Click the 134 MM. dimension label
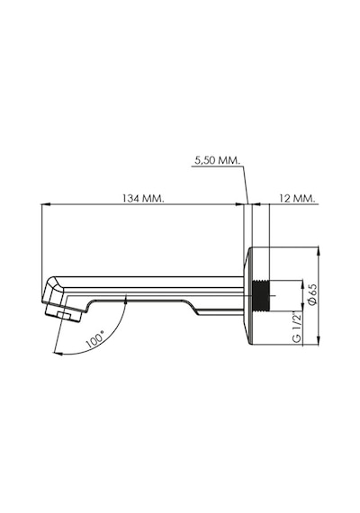coord(143,198)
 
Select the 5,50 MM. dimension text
coord(217,160)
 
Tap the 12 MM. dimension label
coord(297,198)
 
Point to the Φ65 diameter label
coord(312,293)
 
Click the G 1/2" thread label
coord(297,328)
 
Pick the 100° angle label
coord(94,338)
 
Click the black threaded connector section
coord(260,295)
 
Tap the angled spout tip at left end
coord(52,291)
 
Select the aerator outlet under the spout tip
coord(63,314)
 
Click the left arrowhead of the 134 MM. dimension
coord(45,204)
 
